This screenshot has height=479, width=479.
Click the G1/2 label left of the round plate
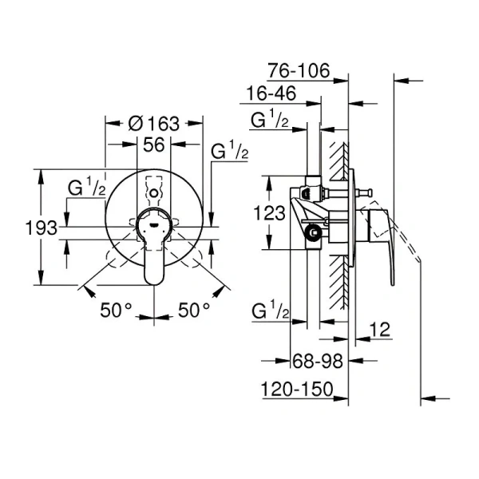click(x=87, y=189)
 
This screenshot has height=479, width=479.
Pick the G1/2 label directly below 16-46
click(x=269, y=121)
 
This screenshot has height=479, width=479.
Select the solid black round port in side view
click(x=315, y=234)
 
